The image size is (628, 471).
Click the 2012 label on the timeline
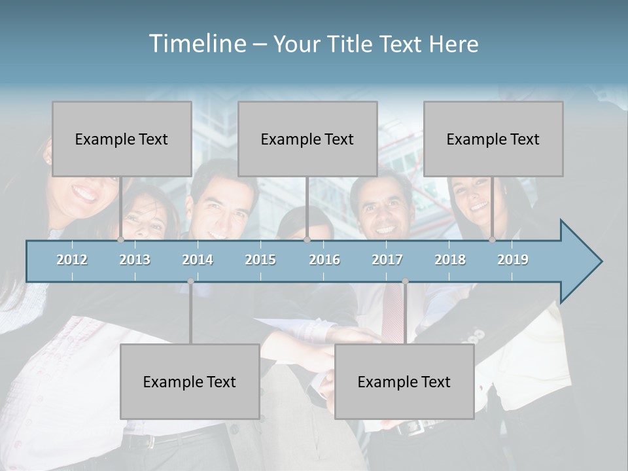(72, 260)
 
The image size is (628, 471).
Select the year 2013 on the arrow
(135, 260)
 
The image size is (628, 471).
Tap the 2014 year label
(198, 260)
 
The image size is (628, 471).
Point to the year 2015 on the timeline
(260, 260)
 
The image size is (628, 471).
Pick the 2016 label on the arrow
(324, 260)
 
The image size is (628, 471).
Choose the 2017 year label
(387, 260)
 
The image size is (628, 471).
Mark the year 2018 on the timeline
(450, 260)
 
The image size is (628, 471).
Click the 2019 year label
(513, 260)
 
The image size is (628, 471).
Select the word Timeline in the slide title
(196, 44)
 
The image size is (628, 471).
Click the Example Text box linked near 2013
(122, 139)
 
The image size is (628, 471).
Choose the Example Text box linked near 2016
(307, 139)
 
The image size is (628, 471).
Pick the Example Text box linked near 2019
(493, 139)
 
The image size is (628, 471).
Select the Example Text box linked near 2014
(190, 381)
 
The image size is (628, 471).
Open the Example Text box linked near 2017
(404, 381)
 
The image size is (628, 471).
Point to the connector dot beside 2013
(120, 240)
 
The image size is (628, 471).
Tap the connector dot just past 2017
(406, 281)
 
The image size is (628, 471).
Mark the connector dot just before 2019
(493, 240)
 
